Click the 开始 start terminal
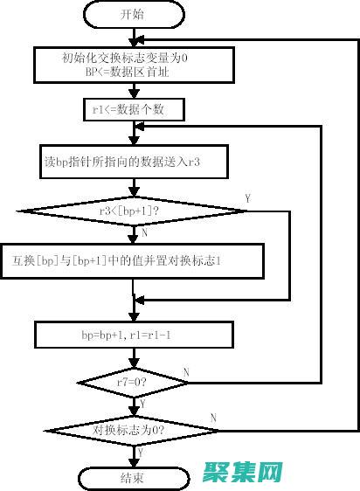coord(133,14)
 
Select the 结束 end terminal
coord(133,478)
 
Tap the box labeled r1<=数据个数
coord(134,109)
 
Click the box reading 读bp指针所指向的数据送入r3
coord(134,162)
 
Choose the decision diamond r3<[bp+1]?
coord(134,210)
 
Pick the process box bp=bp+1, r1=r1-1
coord(134,334)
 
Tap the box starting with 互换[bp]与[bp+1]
coord(134,260)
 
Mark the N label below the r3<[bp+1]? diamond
coord(143,232)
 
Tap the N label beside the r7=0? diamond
coord(185,372)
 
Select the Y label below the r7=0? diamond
coord(142,404)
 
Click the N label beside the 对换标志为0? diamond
coord(213,418)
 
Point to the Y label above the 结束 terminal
coord(142,453)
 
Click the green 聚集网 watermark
coord(243,473)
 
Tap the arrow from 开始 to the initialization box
coord(133,38)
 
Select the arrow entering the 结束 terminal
coord(133,459)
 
